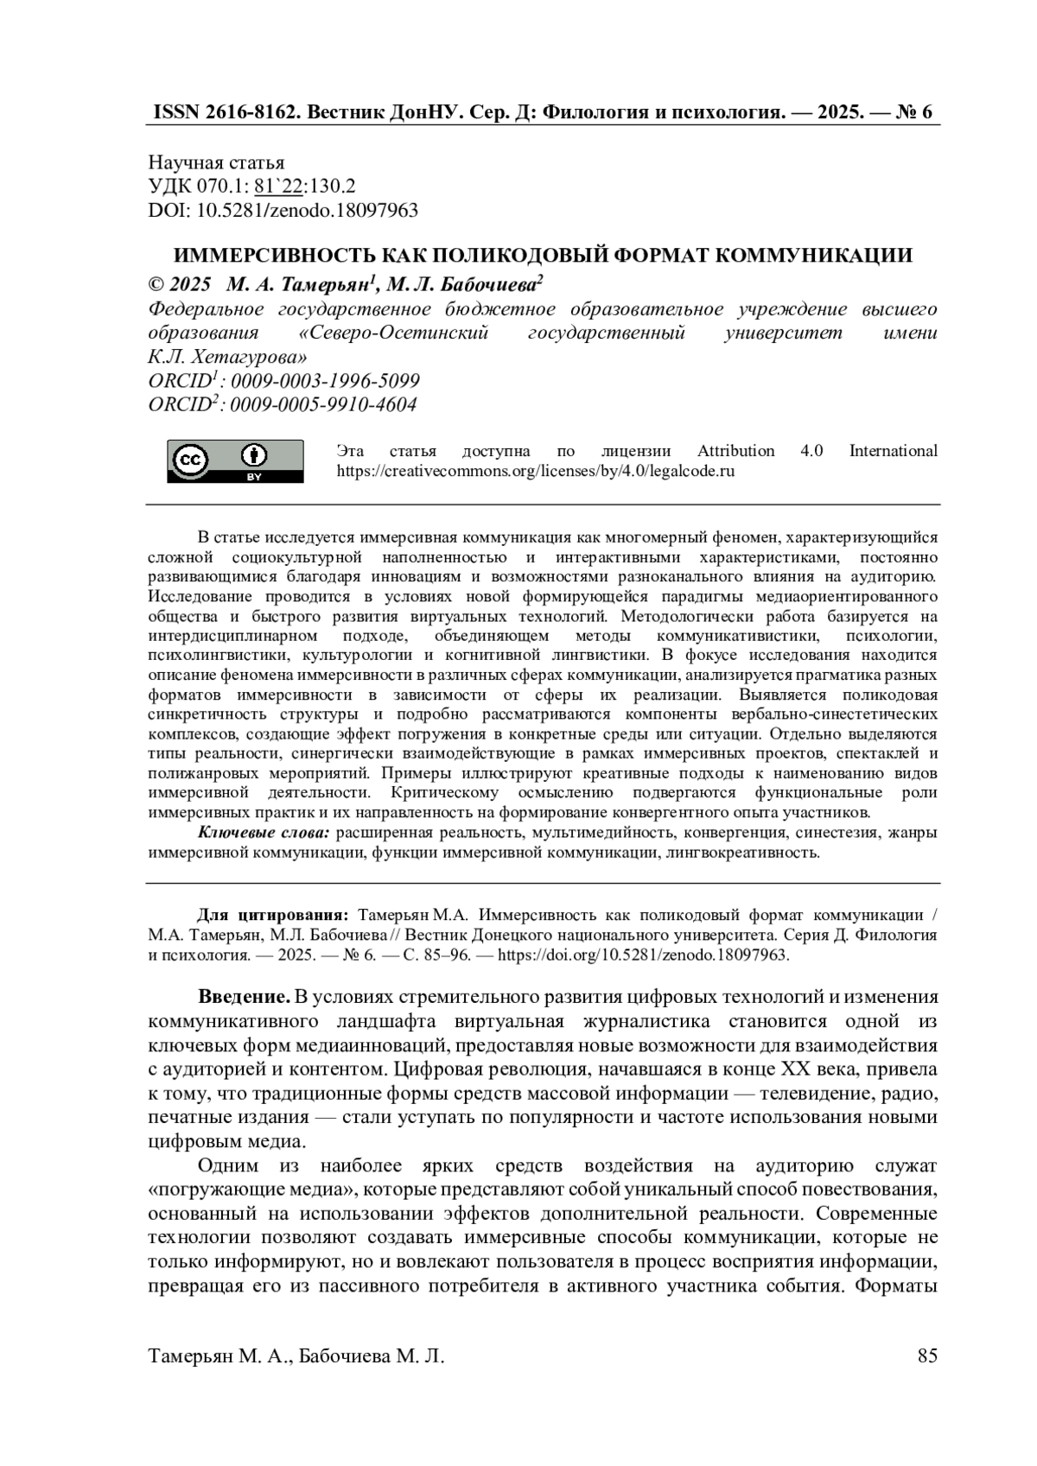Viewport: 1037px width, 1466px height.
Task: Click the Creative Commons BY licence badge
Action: pos(234,460)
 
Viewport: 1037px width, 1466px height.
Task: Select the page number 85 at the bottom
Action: pos(927,1355)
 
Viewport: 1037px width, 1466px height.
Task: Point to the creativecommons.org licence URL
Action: pos(535,472)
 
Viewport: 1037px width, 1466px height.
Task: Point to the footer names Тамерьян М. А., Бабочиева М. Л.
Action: pos(296,1356)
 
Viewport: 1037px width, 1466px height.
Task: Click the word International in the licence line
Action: pos(893,451)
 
